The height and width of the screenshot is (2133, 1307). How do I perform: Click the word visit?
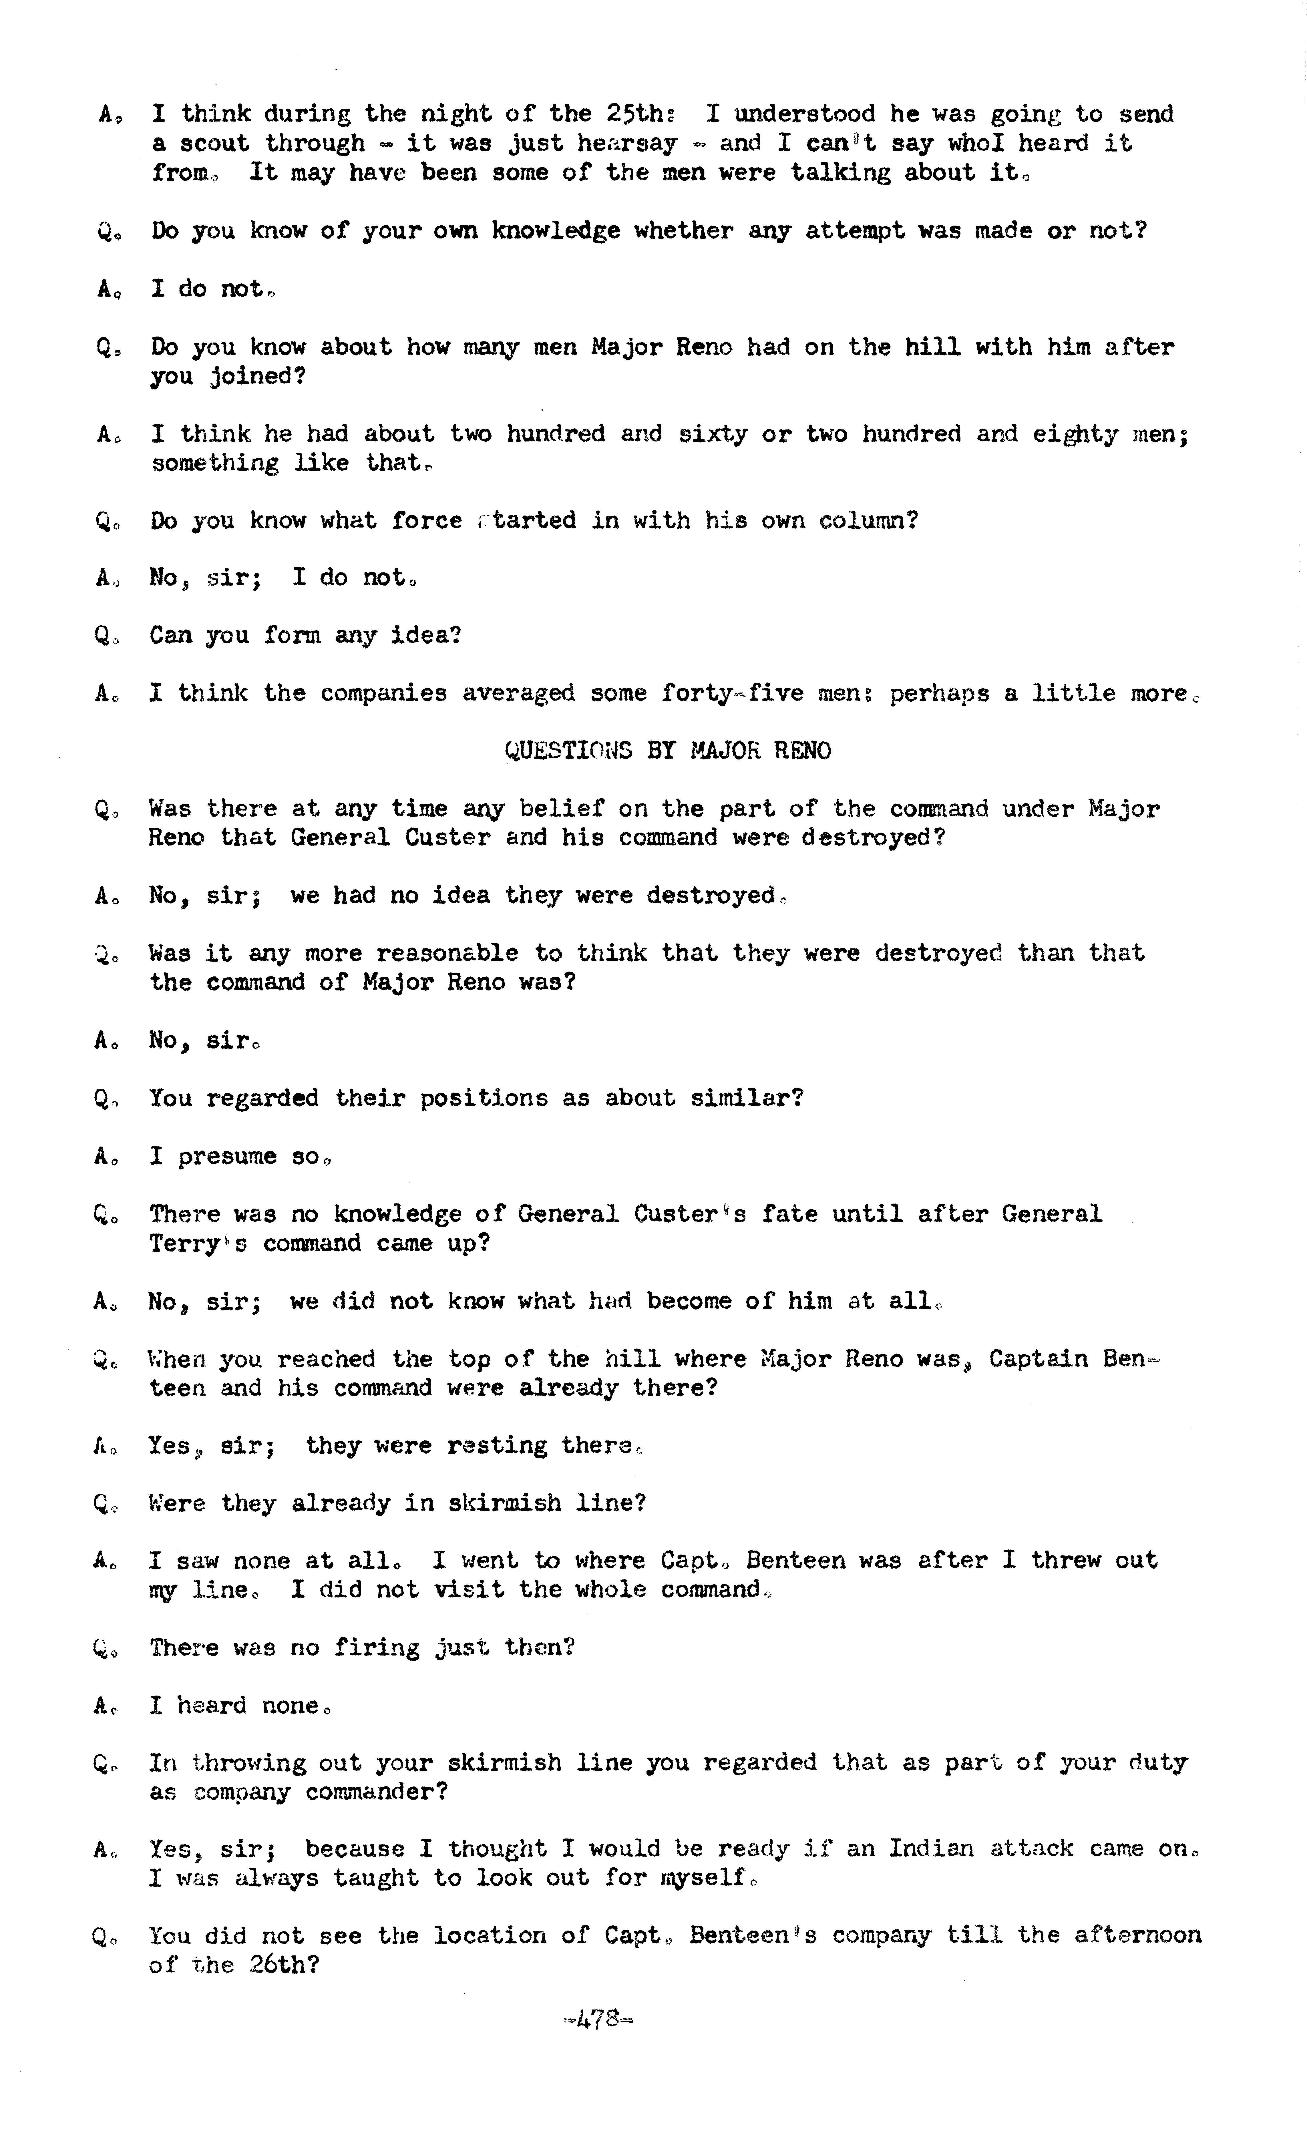468,1589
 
